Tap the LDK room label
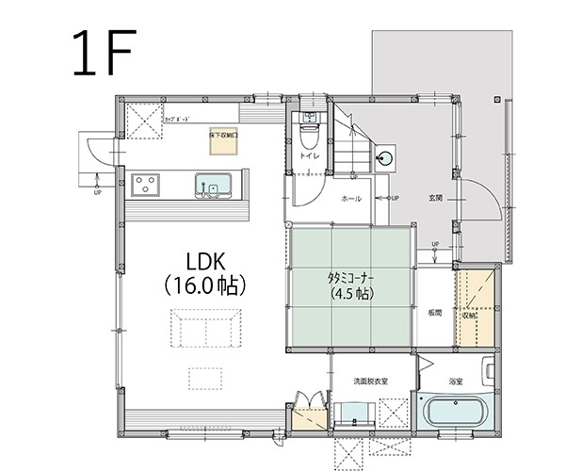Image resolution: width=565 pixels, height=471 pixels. (x=203, y=260)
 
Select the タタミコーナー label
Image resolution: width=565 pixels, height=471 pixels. (x=350, y=278)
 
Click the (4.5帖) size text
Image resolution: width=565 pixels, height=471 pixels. (x=350, y=294)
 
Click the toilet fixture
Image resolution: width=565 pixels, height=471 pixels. (x=308, y=124)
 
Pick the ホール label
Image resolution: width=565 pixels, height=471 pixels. (x=350, y=199)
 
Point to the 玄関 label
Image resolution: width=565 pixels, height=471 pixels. (x=436, y=198)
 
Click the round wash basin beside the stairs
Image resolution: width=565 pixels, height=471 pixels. (x=385, y=158)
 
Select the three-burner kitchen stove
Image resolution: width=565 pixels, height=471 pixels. (x=146, y=184)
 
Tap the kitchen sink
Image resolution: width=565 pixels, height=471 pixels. (x=213, y=186)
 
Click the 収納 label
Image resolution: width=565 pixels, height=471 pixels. (x=468, y=316)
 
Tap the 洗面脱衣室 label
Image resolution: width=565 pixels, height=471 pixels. (x=371, y=382)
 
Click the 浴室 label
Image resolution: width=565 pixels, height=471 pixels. (x=456, y=382)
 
